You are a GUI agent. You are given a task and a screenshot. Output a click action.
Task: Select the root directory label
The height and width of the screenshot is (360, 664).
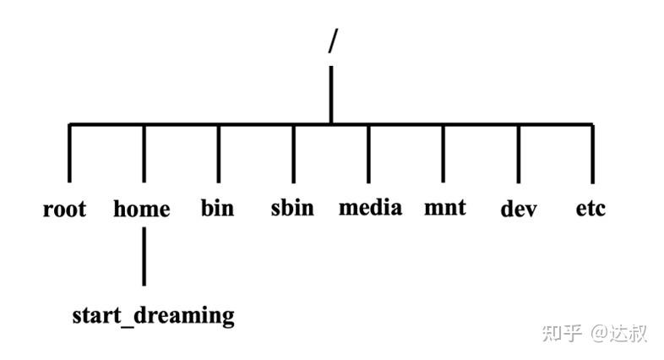point(64,209)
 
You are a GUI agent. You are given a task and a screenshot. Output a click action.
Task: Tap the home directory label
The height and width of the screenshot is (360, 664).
point(142,209)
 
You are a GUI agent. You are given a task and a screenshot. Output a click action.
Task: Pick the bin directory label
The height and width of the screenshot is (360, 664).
point(217,207)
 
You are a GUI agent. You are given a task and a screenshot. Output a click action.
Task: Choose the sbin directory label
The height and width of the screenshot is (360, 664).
point(292,207)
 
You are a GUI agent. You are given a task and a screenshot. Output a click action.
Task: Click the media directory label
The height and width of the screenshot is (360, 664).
point(370,207)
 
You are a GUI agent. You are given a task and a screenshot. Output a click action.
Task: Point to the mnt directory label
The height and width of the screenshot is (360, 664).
point(444,207)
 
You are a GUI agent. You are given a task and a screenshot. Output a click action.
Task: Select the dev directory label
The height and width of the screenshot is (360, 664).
point(519,209)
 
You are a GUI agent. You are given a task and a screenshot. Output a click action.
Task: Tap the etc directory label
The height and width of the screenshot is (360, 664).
point(591,208)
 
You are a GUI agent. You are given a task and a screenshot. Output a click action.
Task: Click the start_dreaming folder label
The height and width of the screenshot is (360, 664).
point(153,316)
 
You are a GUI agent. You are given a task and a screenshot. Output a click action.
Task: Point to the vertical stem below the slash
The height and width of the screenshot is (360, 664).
point(331,95)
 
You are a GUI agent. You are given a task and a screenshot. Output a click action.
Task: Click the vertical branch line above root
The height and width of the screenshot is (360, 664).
point(69,154)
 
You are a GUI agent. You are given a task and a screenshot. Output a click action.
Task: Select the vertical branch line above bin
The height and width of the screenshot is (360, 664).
point(219,154)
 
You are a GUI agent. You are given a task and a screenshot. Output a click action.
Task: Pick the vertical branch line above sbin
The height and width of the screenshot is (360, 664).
point(294,154)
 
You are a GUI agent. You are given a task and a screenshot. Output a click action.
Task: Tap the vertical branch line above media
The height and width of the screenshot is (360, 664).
point(368,154)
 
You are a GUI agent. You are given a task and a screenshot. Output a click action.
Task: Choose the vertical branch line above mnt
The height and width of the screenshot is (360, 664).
point(444,154)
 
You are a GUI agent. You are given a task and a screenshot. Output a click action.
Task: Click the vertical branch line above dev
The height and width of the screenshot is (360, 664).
point(518,154)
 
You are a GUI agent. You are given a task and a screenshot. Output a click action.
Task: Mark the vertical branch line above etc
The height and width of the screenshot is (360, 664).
point(591,154)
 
